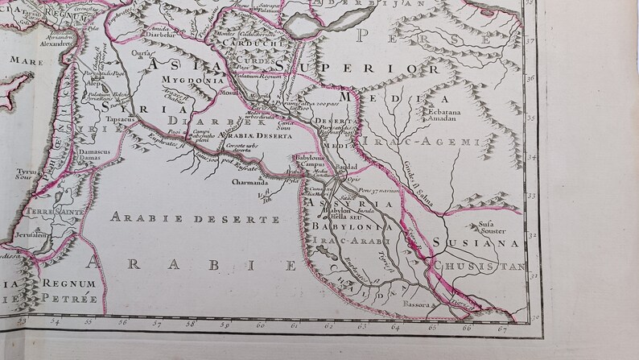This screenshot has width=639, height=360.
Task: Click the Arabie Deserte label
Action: click(183, 218)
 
